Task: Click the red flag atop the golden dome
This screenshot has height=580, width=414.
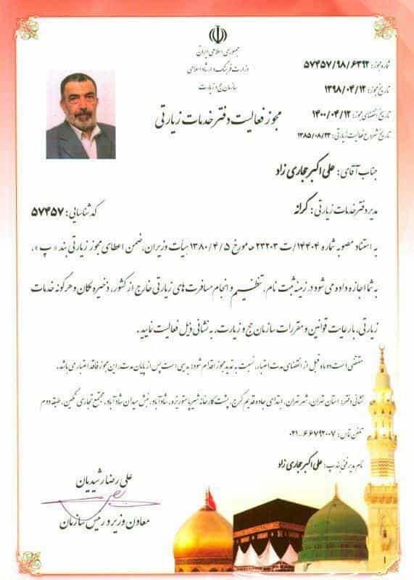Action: (x=211, y=498)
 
